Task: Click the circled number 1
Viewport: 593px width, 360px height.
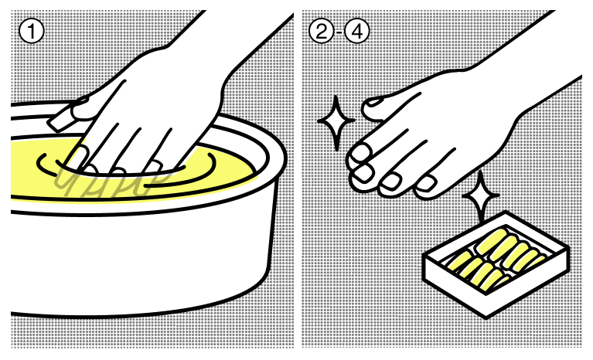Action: pyautogui.click(x=32, y=31)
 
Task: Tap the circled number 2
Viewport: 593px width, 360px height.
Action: pyautogui.click(x=322, y=31)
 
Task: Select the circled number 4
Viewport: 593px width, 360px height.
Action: pyautogui.click(x=356, y=31)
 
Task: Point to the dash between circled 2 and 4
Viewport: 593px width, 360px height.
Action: pyautogui.click(x=339, y=32)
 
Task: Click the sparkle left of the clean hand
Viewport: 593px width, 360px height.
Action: pyautogui.click(x=336, y=122)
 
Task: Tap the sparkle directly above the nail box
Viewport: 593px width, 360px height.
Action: pyautogui.click(x=481, y=195)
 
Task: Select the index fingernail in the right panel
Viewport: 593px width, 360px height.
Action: pyautogui.click(x=360, y=153)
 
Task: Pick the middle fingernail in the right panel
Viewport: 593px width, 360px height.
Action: pyautogui.click(x=364, y=172)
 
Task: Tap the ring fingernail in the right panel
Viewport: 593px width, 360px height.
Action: pyautogui.click(x=391, y=182)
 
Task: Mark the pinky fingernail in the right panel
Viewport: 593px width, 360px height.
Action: pyautogui.click(x=426, y=183)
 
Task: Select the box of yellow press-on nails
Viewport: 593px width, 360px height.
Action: pyautogui.click(x=496, y=264)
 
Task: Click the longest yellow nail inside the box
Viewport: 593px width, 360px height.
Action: pyautogui.click(x=492, y=242)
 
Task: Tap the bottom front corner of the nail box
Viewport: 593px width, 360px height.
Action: pyautogui.click(x=486, y=318)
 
